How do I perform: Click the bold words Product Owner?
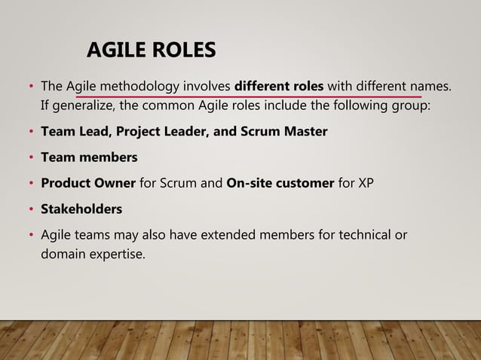(x=88, y=183)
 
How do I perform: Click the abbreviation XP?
(x=364, y=183)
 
